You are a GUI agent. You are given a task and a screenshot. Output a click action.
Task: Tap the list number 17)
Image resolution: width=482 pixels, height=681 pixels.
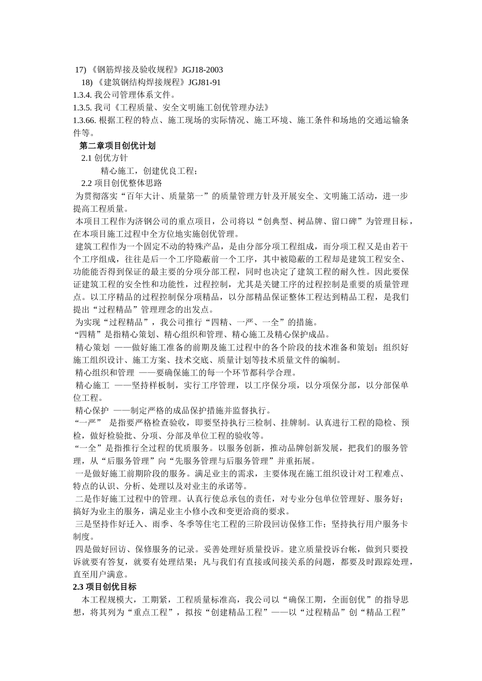point(81,70)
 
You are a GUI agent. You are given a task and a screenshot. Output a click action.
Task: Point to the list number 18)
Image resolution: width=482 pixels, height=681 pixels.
point(87,83)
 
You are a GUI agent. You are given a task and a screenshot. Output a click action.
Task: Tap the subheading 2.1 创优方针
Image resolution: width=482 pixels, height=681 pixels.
point(105,159)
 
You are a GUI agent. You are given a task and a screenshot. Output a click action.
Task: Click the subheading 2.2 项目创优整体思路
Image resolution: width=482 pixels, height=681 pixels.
point(122,183)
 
